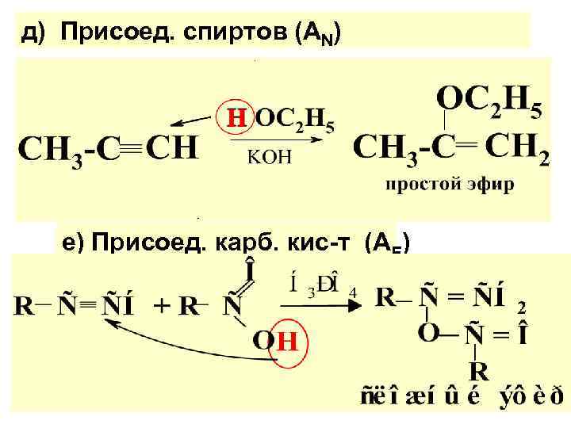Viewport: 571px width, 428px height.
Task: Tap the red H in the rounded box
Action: pos(235,120)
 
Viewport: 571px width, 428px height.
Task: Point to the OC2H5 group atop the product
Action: pos(489,101)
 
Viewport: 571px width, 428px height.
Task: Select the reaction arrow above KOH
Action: pos(277,140)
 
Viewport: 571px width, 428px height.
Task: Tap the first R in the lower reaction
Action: pos(22,304)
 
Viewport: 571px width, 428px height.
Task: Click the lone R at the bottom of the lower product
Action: pos(478,370)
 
